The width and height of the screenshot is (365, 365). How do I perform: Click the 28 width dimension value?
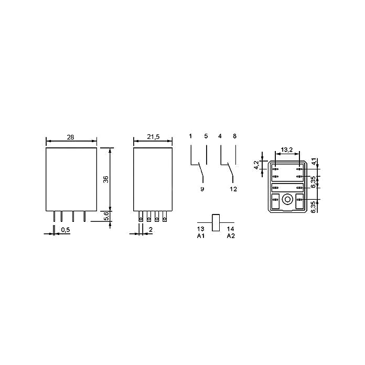(x=70, y=137)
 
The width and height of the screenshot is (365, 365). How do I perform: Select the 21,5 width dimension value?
(x=153, y=137)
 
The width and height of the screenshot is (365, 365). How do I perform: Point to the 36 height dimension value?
(x=106, y=179)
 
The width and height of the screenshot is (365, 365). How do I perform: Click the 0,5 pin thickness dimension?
(x=66, y=230)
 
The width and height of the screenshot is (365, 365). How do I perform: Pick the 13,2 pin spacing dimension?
(x=286, y=149)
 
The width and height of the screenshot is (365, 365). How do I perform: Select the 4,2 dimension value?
(x=256, y=165)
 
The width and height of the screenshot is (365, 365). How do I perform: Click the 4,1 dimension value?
(x=314, y=162)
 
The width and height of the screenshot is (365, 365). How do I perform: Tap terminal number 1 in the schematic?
(x=190, y=136)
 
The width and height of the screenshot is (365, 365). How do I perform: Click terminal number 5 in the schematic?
(x=206, y=136)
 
